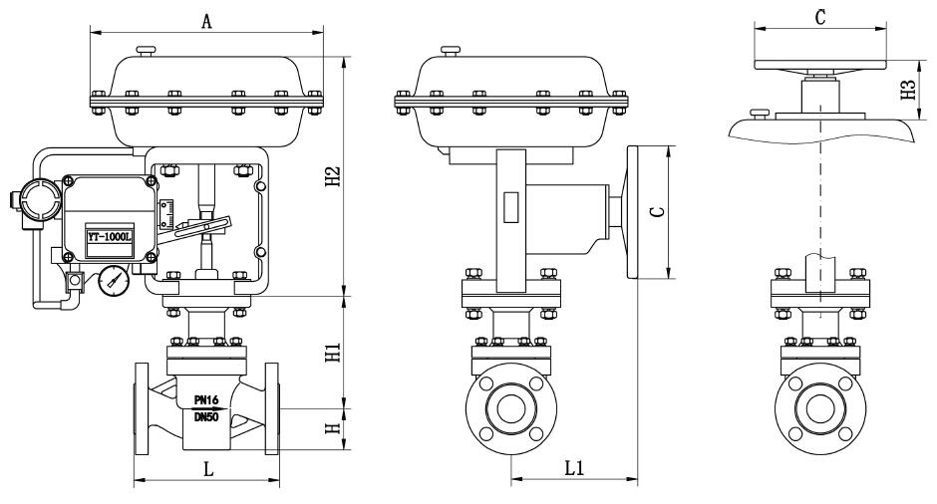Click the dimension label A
click(x=206, y=21)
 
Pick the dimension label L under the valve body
click(x=207, y=468)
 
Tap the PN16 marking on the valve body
click(x=207, y=399)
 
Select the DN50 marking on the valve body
click(x=207, y=415)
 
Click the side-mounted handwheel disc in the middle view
click(x=634, y=212)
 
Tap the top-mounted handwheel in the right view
click(x=819, y=65)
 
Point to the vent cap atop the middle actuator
click(x=450, y=49)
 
